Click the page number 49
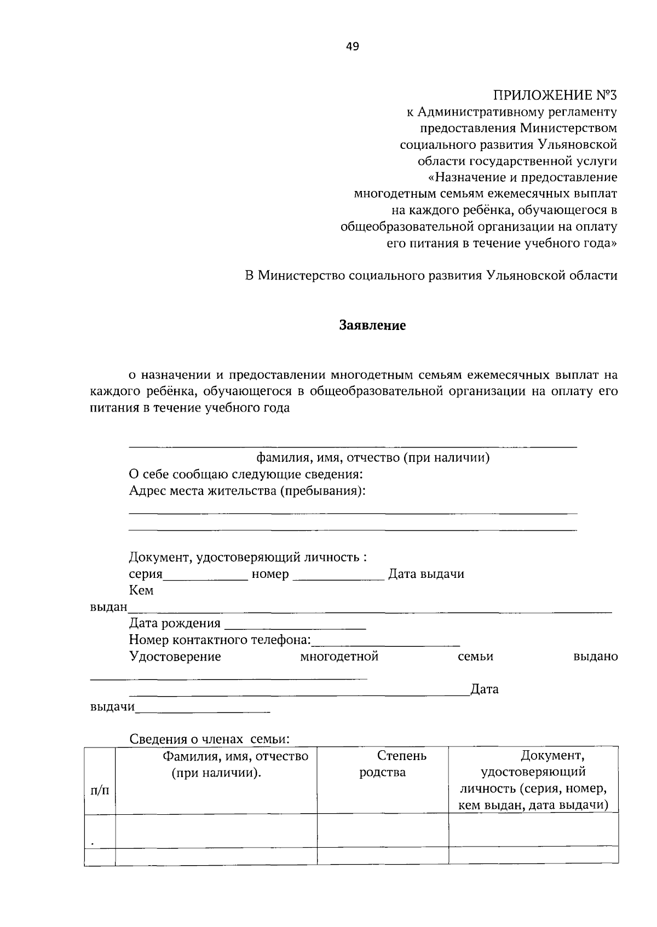coord(352,47)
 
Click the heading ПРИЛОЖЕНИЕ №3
coord(555,96)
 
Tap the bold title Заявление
coord(372,326)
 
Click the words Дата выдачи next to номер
coord(426,574)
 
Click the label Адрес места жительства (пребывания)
coord(247,491)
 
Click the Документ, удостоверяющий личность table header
coord(533,780)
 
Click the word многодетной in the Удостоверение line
coord(339,656)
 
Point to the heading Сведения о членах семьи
coord(209,739)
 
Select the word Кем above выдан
coord(141,590)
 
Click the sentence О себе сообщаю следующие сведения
coord(246,474)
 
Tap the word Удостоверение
coord(175,656)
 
